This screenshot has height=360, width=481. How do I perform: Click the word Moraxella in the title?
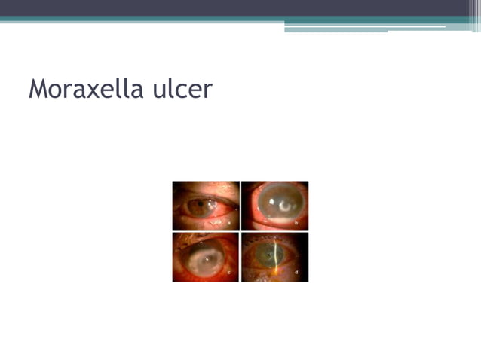click(x=84, y=90)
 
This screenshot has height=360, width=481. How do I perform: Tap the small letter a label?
click(x=228, y=223)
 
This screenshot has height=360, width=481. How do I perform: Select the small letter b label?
click(x=297, y=223)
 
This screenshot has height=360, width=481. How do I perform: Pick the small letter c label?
click(x=228, y=273)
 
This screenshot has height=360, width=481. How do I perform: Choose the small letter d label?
click(x=297, y=273)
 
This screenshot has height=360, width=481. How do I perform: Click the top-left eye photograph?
click(x=206, y=206)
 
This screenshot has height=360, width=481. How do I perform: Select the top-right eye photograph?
click(x=275, y=206)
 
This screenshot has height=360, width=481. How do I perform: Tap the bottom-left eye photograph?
click(x=206, y=258)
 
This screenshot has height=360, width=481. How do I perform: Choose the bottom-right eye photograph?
click(x=275, y=258)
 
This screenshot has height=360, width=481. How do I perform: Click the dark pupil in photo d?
click(x=270, y=255)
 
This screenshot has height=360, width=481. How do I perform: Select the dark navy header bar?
click(x=226, y=8)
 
